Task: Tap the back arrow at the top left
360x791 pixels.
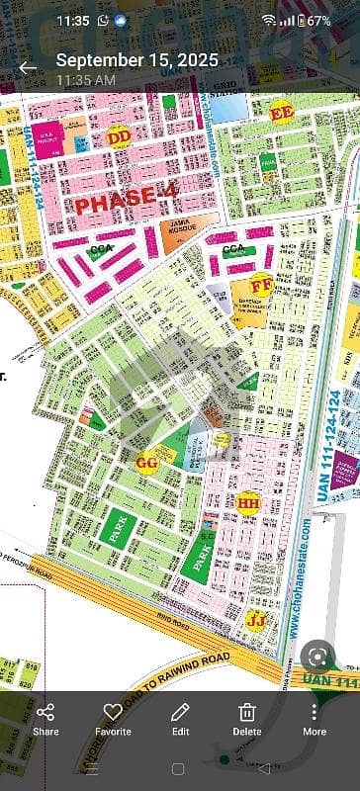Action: coord(28,68)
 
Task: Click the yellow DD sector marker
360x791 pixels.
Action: coord(120,135)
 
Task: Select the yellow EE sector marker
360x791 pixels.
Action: coord(281,114)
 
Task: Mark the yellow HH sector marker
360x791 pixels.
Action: coord(248,503)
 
